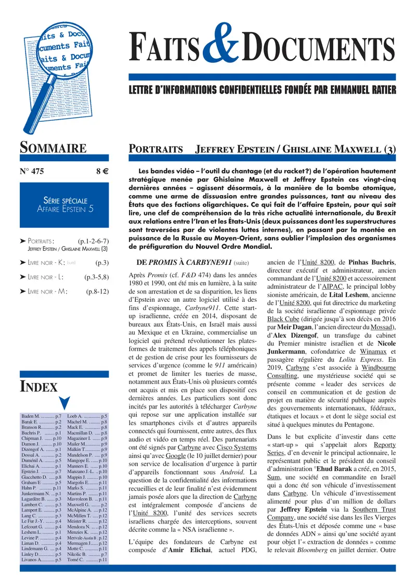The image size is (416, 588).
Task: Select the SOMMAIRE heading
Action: pos(54,148)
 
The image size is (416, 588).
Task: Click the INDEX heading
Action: pos(38,387)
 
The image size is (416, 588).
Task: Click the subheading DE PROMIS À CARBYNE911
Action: pos(184,263)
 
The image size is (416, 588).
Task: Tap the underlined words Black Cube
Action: pos(282,318)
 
